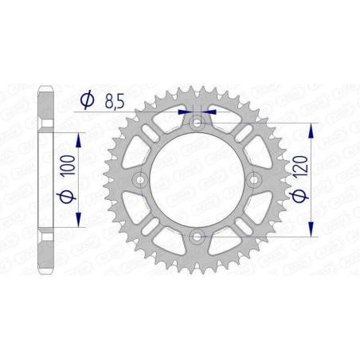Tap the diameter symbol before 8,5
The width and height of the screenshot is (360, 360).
click(88, 100)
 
